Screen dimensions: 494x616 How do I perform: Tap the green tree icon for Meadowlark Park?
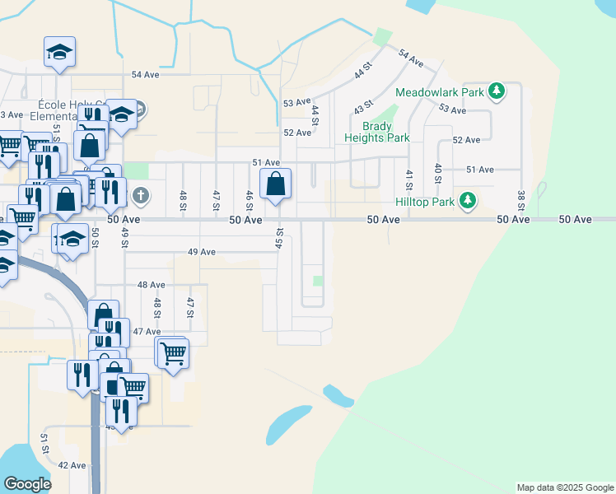tap(497, 91)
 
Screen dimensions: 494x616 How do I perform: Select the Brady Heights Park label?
tap(386, 132)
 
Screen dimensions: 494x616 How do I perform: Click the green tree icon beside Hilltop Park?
tap(468, 200)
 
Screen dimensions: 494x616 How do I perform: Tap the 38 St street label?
tap(520, 199)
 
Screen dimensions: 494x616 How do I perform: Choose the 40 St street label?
tap(439, 173)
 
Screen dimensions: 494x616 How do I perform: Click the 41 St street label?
tap(408, 179)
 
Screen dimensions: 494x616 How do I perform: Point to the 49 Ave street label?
tap(201, 252)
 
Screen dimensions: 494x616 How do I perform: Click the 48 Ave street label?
tap(152, 285)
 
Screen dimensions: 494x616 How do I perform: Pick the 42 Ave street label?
tap(72, 465)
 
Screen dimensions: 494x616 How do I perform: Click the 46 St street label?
tap(249, 200)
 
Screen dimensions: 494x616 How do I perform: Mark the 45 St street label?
tap(280, 239)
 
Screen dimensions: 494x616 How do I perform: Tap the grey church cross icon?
tap(141, 196)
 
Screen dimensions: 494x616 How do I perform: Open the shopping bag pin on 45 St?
tap(276, 184)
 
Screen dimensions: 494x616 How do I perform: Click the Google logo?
tap(27, 484)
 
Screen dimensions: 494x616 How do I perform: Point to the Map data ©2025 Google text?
tap(564, 487)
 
